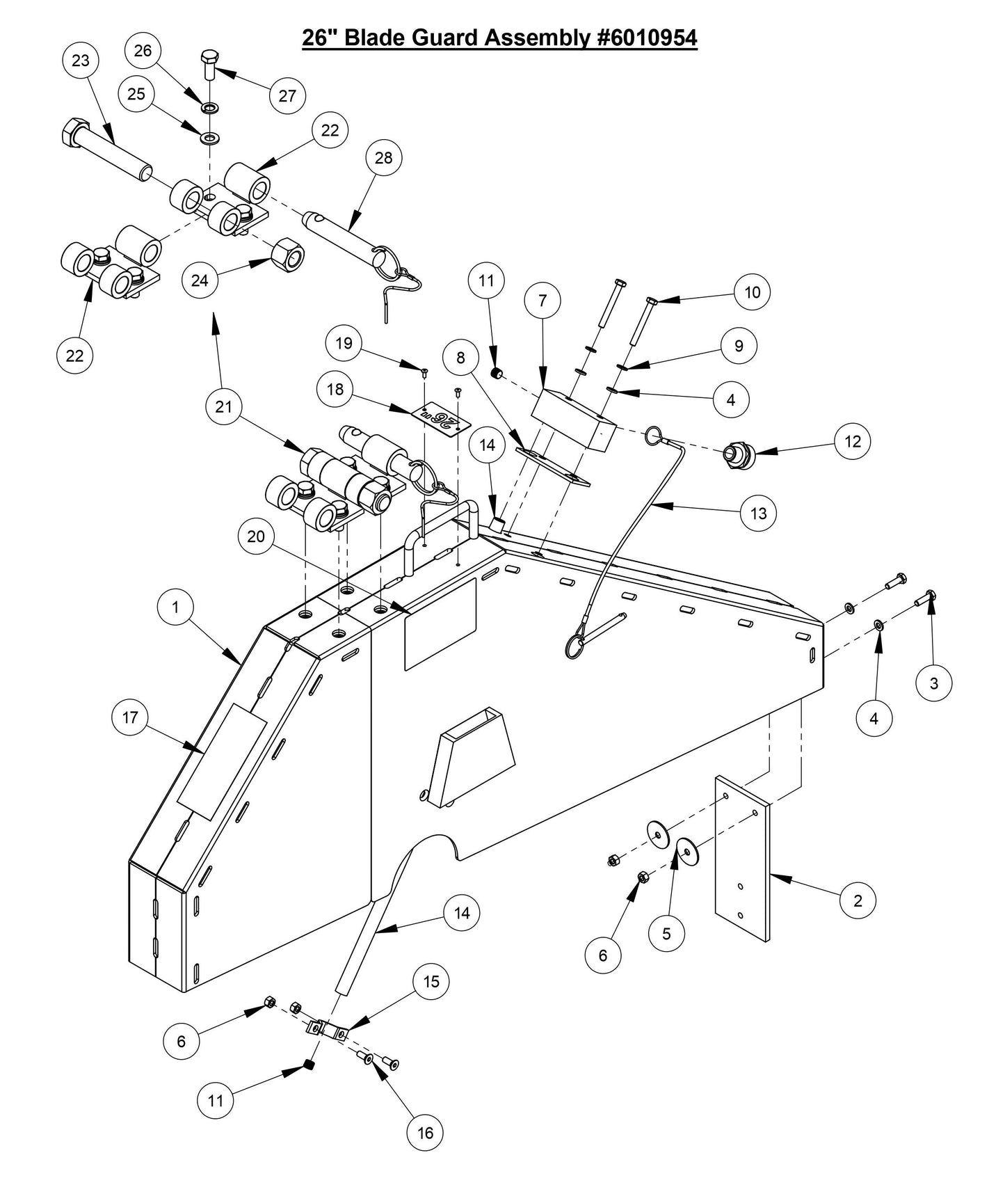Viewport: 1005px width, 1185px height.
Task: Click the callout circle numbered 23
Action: tap(81, 61)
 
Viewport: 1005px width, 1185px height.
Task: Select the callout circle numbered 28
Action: tap(383, 158)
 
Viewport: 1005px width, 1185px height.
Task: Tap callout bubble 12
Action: tap(853, 441)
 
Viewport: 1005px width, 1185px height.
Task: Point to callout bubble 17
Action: tap(130, 717)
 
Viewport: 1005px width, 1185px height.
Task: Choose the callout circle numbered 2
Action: tap(858, 900)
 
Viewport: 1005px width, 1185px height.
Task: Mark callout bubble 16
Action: tap(425, 1133)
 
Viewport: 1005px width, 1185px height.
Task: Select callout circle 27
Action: tap(287, 96)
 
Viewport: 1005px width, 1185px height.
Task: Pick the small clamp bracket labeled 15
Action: tap(327, 1031)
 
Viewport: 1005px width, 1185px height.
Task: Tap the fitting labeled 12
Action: tap(739, 453)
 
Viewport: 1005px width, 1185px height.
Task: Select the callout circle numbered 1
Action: tap(175, 607)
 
